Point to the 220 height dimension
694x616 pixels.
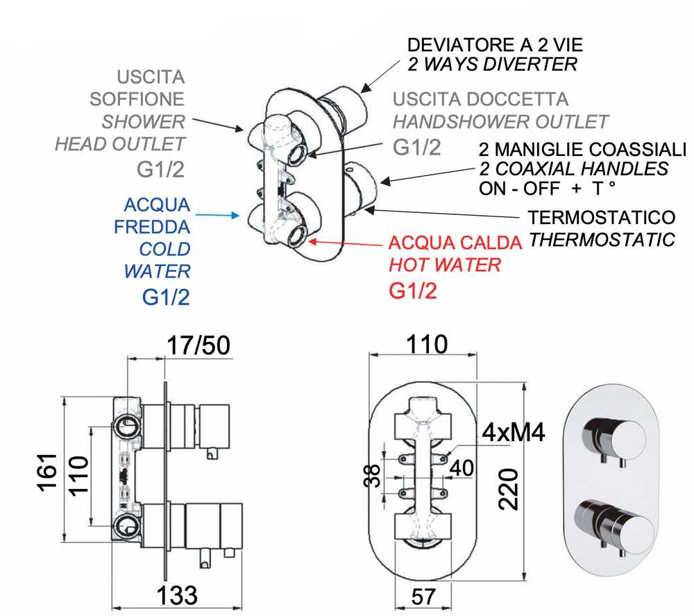[x=510, y=488]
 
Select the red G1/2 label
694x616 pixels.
[x=414, y=291]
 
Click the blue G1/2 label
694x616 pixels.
[x=166, y=297]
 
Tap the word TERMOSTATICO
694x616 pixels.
[x=601, y=217]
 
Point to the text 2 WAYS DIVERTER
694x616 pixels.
[x=492, y=65]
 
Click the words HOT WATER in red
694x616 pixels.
[x=444, y=264]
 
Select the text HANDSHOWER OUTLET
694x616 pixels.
[x=500, y=123]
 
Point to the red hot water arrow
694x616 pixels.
[x=347, y=243]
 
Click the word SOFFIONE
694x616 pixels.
[x=137, y=99]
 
